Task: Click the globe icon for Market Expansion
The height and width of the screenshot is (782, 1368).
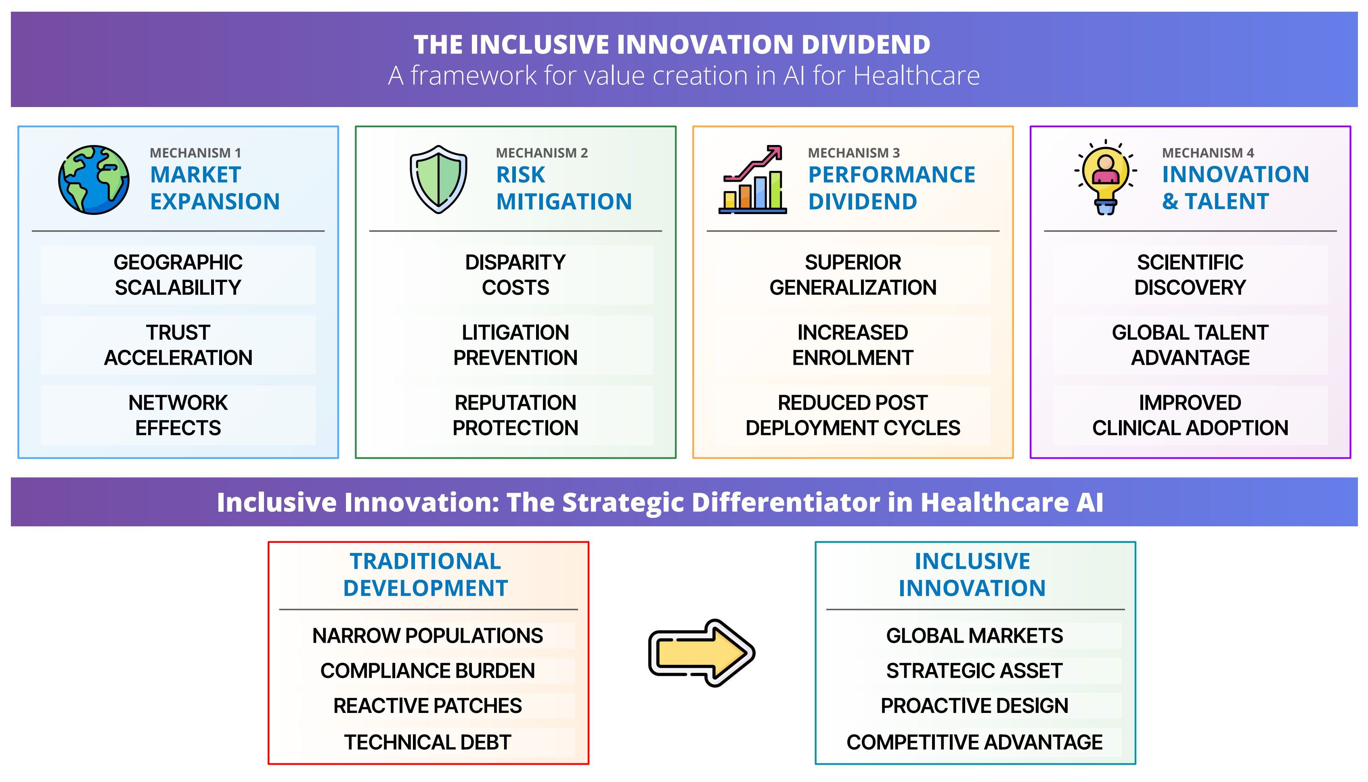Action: (x=94, y=180)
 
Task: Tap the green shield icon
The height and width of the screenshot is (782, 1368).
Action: (x=438, y=179)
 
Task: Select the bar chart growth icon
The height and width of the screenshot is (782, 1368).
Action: (x=752, y=179)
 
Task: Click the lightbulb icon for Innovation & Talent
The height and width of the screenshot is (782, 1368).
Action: (x=1106, y=177)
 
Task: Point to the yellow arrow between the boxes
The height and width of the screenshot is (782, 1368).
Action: (x=702, y=653)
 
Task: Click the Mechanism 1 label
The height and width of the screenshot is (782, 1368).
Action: (x=195, y=153)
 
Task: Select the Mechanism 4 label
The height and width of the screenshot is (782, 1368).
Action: (x=1207, y=153)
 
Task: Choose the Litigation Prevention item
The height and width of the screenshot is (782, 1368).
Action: (x=515, y=345)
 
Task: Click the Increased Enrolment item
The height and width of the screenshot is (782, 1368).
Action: (x=853, y=345)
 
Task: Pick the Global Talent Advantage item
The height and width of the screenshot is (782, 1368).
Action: (x=1190, y=345)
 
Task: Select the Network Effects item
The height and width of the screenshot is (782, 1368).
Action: (x=178, y=415)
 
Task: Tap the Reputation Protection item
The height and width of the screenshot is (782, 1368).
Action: (x=515, y=415)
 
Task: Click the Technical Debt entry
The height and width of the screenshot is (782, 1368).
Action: (x=428, y=742)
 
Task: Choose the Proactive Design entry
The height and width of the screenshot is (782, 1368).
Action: (x=974, y=706)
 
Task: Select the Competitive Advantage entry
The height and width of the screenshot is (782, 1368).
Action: (x=974, y=742)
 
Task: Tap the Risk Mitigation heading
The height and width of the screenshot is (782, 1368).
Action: (x=564, y=188)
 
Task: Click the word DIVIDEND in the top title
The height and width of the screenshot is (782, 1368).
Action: (x=866, y=44)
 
